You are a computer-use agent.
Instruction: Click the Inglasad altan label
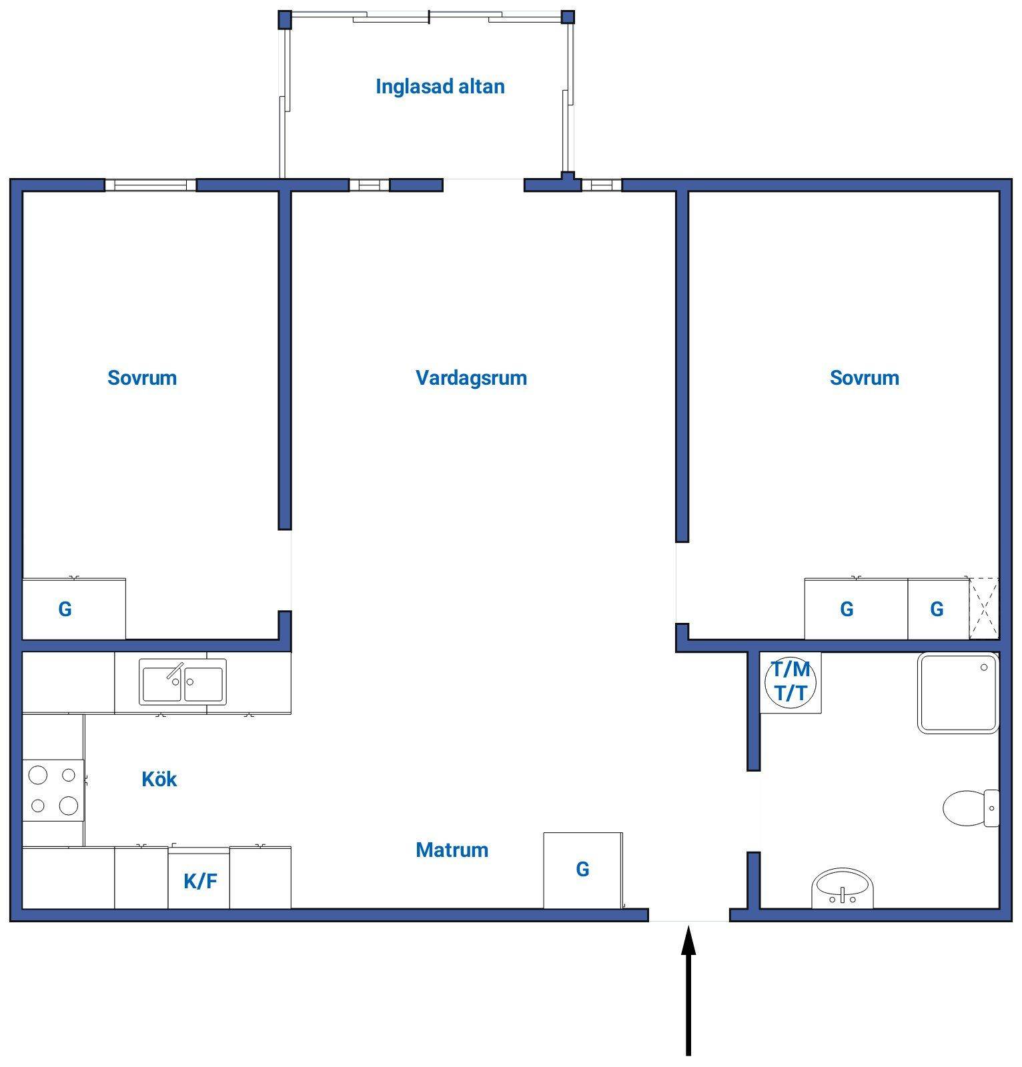(440, 87)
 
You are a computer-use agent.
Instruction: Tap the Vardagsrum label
(471, 378)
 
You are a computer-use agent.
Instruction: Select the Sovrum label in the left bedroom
(142, 378)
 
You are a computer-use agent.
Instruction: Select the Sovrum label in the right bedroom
(864, 378)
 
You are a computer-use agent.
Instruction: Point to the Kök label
(159, 779)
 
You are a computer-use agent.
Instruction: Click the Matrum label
(452, 850)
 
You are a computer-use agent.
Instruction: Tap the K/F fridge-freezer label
(200, 882)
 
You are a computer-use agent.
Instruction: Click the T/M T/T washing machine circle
(791, 682)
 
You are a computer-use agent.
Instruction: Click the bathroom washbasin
(842, 888)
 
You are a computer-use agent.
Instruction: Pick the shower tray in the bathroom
(958, 693)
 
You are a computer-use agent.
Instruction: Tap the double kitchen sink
(183, 682)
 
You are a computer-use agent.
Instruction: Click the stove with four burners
(53, 790)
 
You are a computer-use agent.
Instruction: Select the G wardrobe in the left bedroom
(74, 609)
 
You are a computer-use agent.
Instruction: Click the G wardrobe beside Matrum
(583, 870)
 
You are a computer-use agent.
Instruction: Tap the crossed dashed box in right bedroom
(984, 608)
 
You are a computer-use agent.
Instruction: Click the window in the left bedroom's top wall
(151, 185)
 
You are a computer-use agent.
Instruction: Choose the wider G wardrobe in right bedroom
(856, 609)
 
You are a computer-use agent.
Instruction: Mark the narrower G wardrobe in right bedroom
(938, 609)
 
